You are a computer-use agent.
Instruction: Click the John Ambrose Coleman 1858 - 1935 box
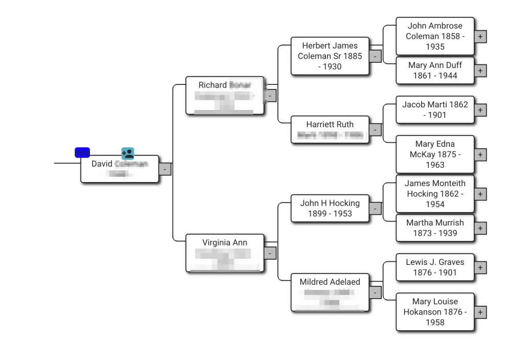pos(434,36)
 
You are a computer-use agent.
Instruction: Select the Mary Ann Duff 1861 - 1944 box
pos(434,71)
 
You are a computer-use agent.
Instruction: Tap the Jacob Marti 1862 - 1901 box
pos(434,110)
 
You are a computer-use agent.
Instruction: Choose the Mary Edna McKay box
pos(434,154)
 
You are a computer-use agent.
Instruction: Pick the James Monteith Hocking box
pos(434,194)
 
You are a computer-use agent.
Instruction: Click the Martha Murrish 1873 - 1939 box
pos(434,228)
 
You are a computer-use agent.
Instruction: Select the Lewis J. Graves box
pos(434,267)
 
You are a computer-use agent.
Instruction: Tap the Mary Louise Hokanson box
pos(434,312)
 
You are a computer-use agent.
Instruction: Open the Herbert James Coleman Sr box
pos(330,56)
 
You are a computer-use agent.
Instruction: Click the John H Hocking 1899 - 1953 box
pos(330,208)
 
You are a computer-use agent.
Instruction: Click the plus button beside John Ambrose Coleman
pos(480,37)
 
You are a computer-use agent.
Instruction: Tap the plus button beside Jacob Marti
pos(480,110)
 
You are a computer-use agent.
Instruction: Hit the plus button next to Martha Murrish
pos(480,229)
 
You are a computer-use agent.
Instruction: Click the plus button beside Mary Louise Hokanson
pos(480,312)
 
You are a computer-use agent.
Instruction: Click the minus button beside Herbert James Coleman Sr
pos(375,56)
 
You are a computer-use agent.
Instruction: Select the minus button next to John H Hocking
pos(375,209)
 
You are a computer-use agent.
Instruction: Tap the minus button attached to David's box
pos(165,169)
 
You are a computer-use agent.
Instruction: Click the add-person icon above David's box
pos(127,153)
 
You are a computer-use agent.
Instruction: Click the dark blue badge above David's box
pos(82,153)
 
